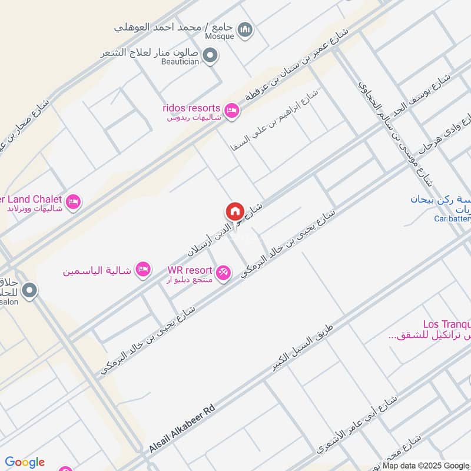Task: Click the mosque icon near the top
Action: click(x=246, y=29)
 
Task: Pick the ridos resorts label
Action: click(x=192, y=108)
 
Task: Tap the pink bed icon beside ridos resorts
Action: click(x=232, y=110)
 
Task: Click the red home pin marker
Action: click(x=234, y=211)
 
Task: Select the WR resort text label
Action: click(x=190, y=270)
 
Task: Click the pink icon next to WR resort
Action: click(x=224, y=272)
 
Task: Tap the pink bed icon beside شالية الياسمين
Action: click(x=142, y=270)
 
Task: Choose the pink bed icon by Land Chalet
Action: click(x=74, y=201)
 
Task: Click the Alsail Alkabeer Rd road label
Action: click(x=182, y=428)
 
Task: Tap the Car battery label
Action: click(x=452, y=219)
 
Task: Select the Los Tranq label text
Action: click(x=446, y=324)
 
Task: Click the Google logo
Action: click(x=25, y=462)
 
